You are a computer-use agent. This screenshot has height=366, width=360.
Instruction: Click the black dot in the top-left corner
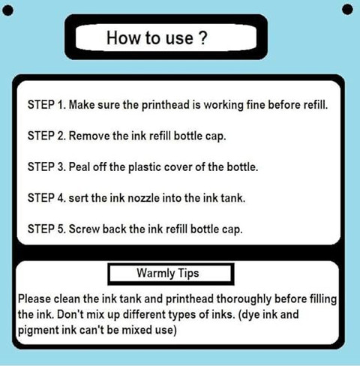(x=7, y=10)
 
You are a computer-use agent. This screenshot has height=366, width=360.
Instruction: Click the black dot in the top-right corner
(x=347, y=10)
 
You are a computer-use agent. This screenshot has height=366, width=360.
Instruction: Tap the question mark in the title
(x=203, y=38)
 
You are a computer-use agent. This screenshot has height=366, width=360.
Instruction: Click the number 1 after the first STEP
(x=61, y=104)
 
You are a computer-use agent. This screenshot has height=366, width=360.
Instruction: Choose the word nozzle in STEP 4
(x=143, y=198)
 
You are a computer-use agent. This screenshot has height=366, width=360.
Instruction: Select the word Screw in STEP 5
(x=84, y=229)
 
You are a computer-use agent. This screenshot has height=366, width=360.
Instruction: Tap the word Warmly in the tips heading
(x=155, y=273)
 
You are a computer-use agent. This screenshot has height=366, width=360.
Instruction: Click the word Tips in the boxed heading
(x=188, y=273)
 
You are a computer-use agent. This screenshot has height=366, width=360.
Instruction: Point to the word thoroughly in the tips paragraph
(x=244, y=299)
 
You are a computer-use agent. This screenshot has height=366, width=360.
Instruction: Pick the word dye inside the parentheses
(x=249, y=315)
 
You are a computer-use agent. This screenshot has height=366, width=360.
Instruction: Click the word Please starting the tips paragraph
(x=34, y=299)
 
